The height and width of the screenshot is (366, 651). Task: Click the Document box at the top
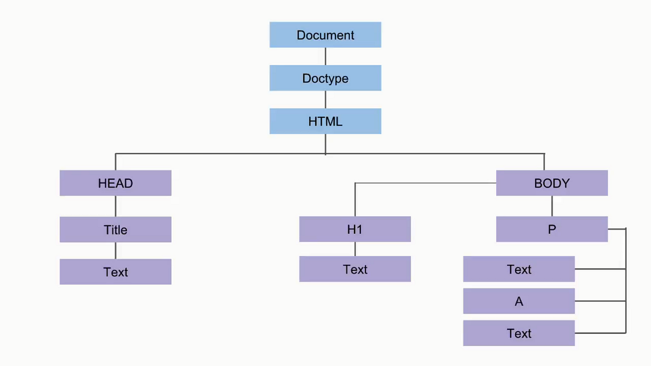[325, 35]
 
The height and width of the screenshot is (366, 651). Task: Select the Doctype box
[325, 78]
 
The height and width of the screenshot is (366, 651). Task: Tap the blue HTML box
[325, 121]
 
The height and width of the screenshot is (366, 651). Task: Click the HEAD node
[115, 183]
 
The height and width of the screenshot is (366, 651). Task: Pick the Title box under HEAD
[115, 229]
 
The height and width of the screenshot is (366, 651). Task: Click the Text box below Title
[115, 272]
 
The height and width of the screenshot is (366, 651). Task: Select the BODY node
[551, 183]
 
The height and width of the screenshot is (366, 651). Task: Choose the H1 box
[355, 229]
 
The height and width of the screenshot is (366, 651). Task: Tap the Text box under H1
[355, 269]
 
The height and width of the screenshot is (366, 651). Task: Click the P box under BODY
[551, 229]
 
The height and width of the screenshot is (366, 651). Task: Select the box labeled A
[518, 301]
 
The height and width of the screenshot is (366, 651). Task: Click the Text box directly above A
[518, 269]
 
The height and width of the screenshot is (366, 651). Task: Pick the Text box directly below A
[518, 333]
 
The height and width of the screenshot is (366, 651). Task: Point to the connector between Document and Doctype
[325, 56]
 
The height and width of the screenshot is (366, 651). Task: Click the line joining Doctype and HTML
[325, 99]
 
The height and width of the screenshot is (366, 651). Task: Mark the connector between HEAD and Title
[115, 206]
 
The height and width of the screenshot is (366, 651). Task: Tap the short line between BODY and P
[552, 206]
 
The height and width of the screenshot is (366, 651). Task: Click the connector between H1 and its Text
[355, 249]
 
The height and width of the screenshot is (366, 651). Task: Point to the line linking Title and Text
[115, 250]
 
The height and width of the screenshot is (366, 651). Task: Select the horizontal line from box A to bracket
[600, 301]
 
